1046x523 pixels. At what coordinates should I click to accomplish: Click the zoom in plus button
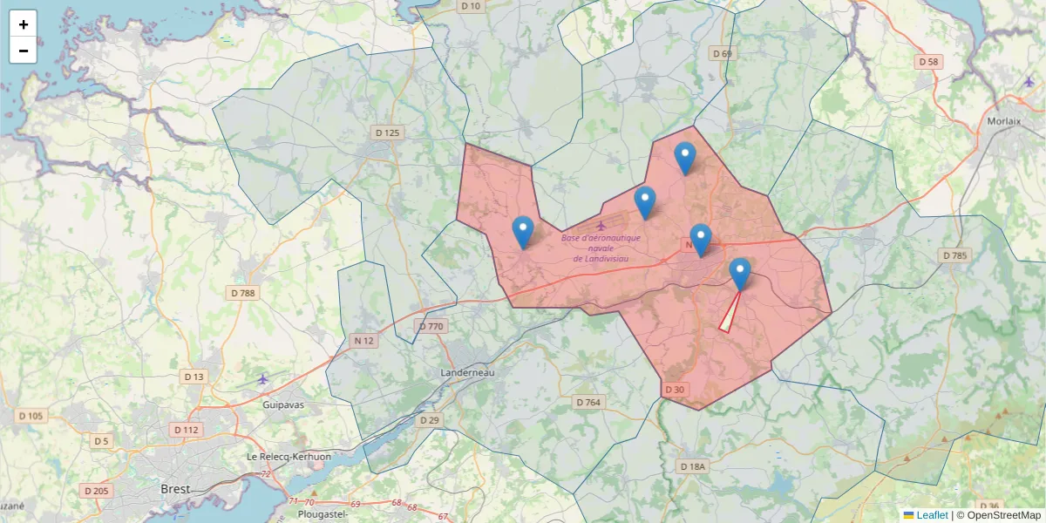click(x=24, y=24)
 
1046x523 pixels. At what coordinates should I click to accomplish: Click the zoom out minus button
click(x=24, y=51)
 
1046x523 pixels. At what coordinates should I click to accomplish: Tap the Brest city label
click(x=176, y=489)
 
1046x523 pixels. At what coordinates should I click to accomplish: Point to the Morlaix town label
click(x=1004, y=121)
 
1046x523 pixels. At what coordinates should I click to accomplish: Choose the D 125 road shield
click(x=386, y=132)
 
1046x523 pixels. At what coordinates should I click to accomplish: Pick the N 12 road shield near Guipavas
click(x=363, y=340)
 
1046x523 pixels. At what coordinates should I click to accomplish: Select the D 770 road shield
click(x=431, y=327)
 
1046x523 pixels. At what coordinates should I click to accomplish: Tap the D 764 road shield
click(x=589, y=402)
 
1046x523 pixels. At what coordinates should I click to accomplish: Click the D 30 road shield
click(x=675, y=389)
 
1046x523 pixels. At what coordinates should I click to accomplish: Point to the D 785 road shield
click(x=954, y=255)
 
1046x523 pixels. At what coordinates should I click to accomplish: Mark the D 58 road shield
click(x=929, y=62)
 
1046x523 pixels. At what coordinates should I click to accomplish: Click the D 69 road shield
click(x=723, y=54)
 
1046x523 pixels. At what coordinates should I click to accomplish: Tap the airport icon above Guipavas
click(x=263, y=378)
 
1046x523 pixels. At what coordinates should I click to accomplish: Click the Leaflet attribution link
click(x=931, y=515)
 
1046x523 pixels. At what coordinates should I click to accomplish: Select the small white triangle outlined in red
click(x=728, y=320)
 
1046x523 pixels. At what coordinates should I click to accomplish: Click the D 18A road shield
click(x=691, y=466)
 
